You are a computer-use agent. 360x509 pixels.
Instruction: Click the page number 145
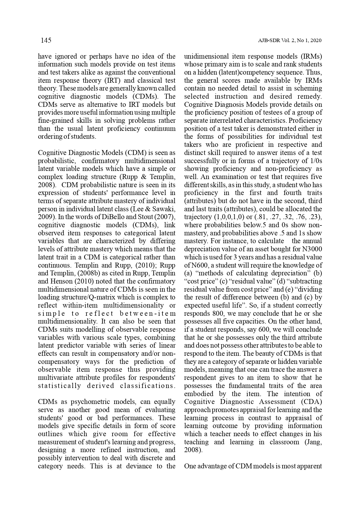click(x=46, y=40)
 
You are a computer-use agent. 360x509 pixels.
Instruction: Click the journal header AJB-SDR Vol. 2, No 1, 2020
click(x=290, y=41)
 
